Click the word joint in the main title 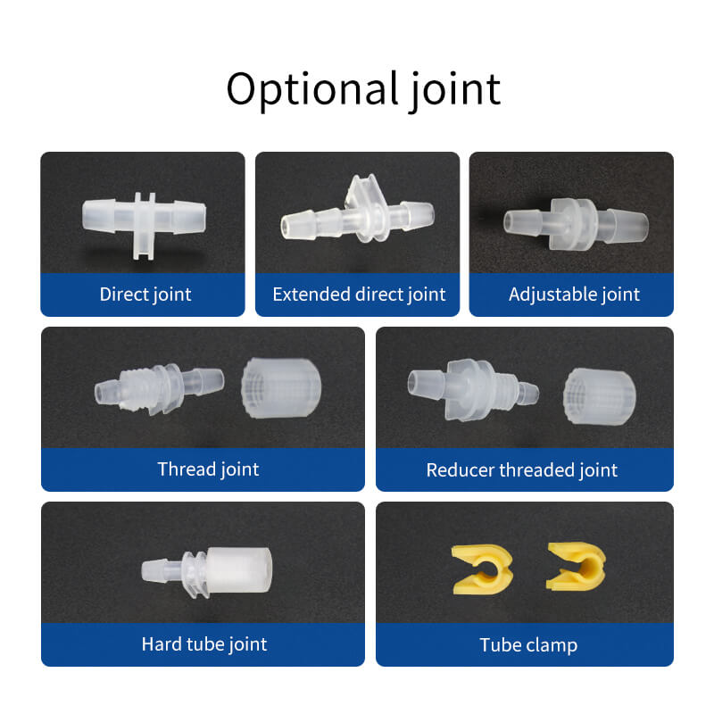click(x=455, y=90)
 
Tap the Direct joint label click(x=145, y=295)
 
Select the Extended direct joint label click(x=359, y=295)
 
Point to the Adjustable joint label click(x=574, y=295)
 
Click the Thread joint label click(x=208, y=469)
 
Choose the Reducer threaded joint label click(x=522, y=470)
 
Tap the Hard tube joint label click(x=204, y=644)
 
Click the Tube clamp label click(x=528, y=644)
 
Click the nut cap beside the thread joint click(x=281, y=388)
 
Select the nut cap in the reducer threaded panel click(x=599, y=396)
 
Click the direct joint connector click(x=144, y=223)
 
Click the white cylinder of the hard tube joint click(x=239, y=570)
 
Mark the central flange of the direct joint click(x=144, y=226)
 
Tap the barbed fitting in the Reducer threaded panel click(x=473, y=390)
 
